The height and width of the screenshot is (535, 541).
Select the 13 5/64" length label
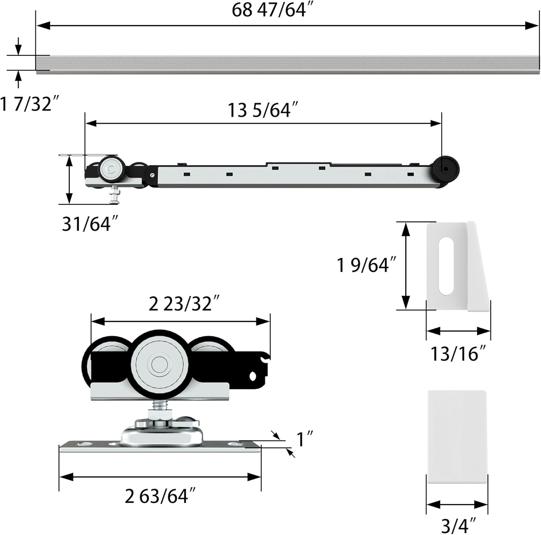(x=263, y=110)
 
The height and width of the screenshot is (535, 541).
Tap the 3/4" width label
(x=458, y=525)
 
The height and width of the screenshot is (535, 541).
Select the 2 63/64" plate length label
(x=160, y=496)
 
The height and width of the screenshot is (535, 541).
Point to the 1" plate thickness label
(x=304, y=439)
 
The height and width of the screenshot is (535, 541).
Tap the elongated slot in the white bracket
(x=446, y=265)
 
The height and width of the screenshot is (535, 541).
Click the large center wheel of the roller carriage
(x=158, y=364)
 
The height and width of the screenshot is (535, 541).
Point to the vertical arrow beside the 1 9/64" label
(x=406, y=266)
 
